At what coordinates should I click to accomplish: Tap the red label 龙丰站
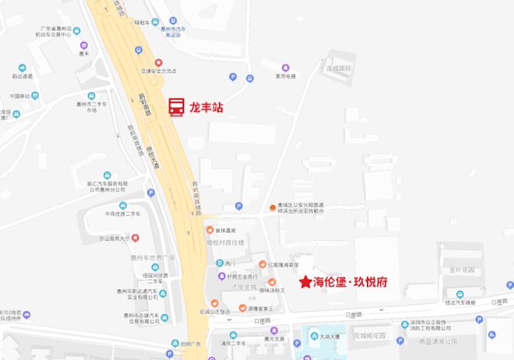[x=206, y=108]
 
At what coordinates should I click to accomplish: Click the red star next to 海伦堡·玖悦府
[x=306, y=282]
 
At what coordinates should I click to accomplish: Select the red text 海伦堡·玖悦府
[x=351, y=282]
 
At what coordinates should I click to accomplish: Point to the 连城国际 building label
[x=340, y=69]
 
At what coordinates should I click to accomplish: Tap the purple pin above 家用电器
[x=286, y=67]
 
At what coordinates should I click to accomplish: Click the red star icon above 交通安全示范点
[x=159, y=63]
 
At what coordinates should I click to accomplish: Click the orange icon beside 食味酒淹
[x=211, y=230]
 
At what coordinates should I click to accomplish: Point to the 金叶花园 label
[x=462, y=271]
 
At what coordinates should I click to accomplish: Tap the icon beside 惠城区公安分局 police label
[x=272, y=208]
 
